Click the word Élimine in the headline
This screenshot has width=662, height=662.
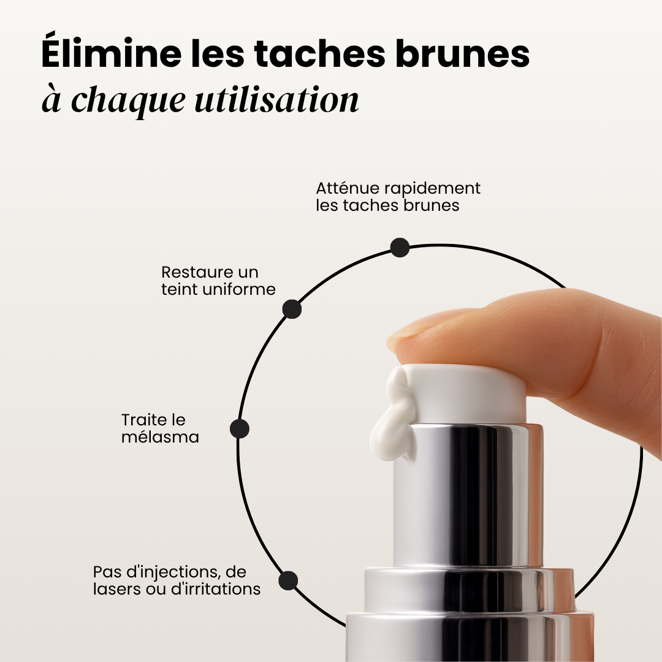[x=110, y=54]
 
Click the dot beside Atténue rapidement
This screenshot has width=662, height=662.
[x=400, y=248]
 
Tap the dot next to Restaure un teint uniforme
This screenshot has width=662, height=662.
[x=292, y=309]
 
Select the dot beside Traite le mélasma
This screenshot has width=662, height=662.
[x=240, y=428]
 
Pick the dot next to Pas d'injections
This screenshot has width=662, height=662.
[x=288, y=580]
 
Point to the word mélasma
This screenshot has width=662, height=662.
[x=160, y=437]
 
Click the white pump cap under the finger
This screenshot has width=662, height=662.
[x=466, y=392]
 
